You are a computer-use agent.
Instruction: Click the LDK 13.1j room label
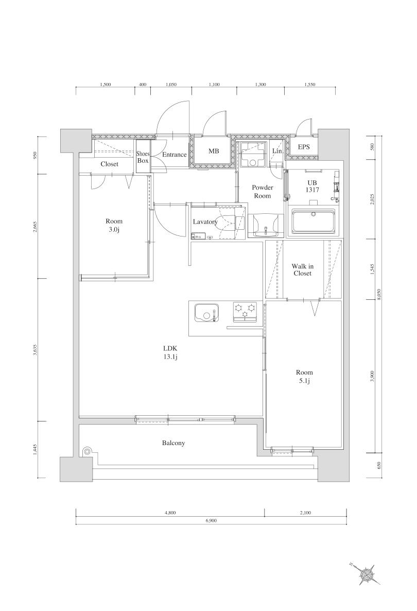170,352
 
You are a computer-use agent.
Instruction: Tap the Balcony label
173,443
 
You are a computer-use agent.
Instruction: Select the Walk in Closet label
303,269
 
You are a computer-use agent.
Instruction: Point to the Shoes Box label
143,157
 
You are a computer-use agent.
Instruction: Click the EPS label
304,147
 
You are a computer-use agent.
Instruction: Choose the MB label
213,151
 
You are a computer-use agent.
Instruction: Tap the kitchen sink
206,313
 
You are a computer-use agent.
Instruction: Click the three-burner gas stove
245,312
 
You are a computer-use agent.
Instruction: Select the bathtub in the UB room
313,222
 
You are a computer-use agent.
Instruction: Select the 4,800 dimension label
170,513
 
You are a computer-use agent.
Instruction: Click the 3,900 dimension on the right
372,376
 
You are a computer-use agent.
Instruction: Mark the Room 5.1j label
304,377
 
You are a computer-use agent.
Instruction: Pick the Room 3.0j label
114,225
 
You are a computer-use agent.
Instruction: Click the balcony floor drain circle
87,452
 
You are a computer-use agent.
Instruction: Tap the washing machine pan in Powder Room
252,155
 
